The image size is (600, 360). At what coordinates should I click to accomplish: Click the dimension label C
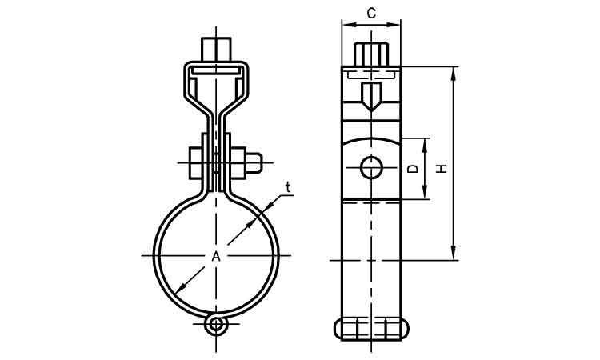click(371, 12)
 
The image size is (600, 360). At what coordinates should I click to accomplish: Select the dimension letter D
click(412, 169)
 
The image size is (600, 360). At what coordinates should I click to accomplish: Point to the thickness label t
click(288, 188)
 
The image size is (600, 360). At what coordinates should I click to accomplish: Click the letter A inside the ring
click(215, 256)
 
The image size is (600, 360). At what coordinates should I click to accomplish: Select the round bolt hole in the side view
click(370, 168)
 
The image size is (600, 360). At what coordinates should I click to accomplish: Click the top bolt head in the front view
click(215, 47)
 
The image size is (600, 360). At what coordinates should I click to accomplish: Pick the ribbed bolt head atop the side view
click(371, 54)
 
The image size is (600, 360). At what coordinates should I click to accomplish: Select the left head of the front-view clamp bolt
click(197, 163)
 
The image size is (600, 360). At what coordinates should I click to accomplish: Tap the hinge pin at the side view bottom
click(371, 328)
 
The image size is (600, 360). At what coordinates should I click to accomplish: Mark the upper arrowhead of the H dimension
click(454, 73)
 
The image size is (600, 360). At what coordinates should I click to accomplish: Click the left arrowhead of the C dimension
click(346, 25)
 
